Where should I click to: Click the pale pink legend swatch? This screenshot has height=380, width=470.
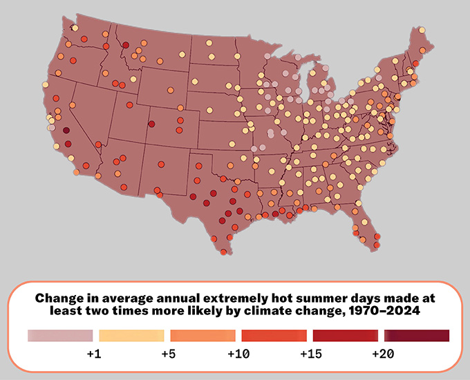[x=59, y=336]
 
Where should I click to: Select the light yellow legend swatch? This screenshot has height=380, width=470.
[x=131, y=336]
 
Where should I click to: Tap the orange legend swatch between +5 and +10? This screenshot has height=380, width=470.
[x=203, y=336]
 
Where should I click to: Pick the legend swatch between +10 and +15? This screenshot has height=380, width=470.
[x=274, y=336]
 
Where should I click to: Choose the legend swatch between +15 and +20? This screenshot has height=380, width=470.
[x=346, y=336]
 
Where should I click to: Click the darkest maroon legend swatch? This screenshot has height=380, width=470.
[x=417, y=336]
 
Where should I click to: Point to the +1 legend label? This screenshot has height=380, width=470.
[x=95, y=354]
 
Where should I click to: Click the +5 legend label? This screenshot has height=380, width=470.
[x=167, y=354]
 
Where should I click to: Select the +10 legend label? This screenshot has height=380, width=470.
[x=238, y=354]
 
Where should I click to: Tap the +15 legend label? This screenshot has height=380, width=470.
[x=310, y=354]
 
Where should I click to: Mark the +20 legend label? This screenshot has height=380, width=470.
[x=382, y=354]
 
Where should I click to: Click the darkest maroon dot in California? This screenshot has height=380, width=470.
[x=66, y=130]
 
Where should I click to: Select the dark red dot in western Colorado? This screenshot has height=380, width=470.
[x=151, y=124]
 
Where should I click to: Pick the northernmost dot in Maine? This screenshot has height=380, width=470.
[x=422, y=30]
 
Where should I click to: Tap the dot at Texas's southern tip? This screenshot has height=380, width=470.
[x=223, y=252]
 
